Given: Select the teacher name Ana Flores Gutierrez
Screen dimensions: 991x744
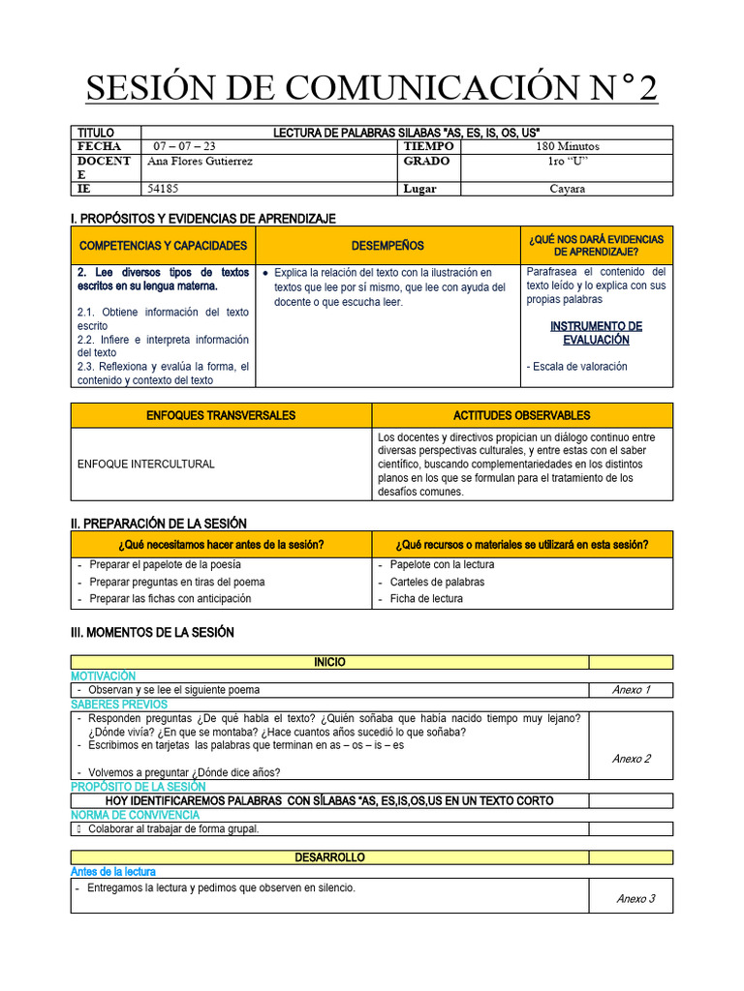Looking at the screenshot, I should coord(199,162).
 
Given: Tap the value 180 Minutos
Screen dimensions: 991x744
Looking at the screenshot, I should coord(567,146).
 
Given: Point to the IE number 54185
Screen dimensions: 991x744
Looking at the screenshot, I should coord(163,189).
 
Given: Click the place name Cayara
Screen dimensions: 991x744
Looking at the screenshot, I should coord(567,189).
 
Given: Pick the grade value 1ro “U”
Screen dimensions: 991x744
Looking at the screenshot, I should coord(567,162).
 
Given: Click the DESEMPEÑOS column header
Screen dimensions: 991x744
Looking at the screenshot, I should coord(387,246).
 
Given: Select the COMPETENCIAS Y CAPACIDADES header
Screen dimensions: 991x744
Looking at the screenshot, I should coord(164,246).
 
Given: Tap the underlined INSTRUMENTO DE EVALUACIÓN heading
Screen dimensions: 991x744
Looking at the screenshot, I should coord(596,333).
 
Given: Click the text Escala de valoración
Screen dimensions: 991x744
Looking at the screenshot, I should coord(577,367).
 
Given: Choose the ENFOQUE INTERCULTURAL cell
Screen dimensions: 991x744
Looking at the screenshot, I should coord(145,465).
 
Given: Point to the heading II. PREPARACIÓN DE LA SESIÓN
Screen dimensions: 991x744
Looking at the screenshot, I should coord(159,524).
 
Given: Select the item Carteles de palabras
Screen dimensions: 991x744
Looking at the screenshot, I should coord(437,582).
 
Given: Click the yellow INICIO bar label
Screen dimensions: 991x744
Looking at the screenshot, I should coord(329,662).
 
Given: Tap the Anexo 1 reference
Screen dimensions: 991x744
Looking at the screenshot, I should coord(632,690).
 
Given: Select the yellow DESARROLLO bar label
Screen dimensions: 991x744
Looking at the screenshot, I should coord(329,858).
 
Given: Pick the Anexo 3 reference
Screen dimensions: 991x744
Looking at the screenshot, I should coord(635,899).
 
